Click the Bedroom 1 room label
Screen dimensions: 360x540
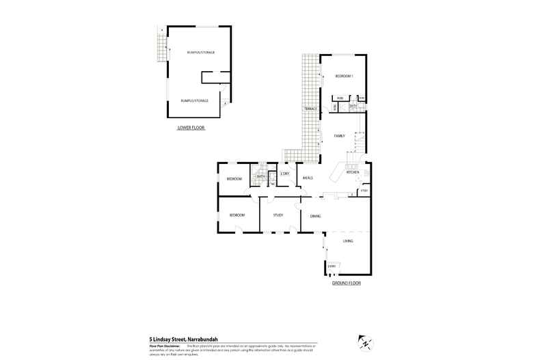pos(344,76)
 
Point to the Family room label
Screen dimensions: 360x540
pos(339,136)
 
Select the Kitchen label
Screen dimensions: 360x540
pos(353,172)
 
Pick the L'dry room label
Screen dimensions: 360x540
pos(285,174)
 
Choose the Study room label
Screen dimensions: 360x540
pos(278,215)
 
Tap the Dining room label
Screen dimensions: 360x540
pos(315,216)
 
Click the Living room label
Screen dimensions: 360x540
pos(348,241)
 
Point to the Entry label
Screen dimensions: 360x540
pos(332,266)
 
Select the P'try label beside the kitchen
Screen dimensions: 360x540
pos(364,191)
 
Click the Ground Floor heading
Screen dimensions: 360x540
pos(346,282)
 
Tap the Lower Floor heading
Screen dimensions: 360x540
pos(191,128)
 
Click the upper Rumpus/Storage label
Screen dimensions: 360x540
pos(200,52)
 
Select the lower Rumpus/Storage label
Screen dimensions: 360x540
pos(194,100)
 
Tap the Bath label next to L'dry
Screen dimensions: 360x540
pos(260,176)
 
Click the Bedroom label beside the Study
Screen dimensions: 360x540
pos(237,215)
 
